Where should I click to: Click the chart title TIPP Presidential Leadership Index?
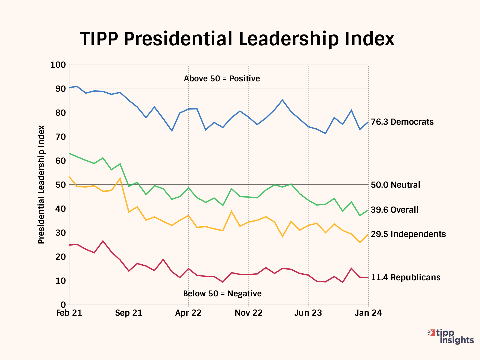click(237, 39)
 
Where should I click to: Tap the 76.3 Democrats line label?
click(402, 122)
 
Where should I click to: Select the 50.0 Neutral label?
click(395, 185)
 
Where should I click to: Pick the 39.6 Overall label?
click(395, 210)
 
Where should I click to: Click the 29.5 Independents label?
click(408, 234)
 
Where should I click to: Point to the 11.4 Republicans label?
click(405, 278)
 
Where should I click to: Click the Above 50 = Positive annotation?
click(222, 79)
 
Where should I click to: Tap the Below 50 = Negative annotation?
click(222, 294)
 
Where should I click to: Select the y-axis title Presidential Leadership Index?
click(41, 185)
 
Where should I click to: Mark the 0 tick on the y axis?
click(63, 305)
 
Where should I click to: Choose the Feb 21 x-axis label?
click(69, 313)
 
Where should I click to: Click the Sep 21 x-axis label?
click(129, 313)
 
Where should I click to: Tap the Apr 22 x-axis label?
click(188, 313)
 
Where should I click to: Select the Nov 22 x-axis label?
click(248, 313)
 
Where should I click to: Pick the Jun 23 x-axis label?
click(308, 313)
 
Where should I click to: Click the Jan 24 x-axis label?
click(368, 313)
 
